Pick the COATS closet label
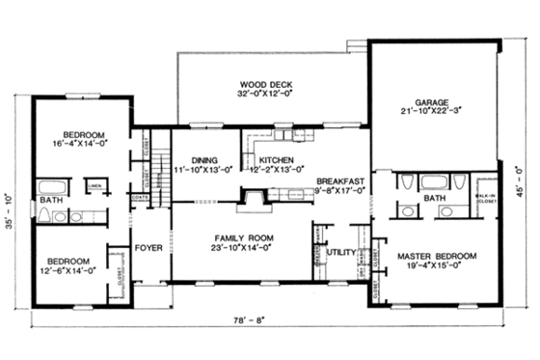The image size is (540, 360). (142, 201)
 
